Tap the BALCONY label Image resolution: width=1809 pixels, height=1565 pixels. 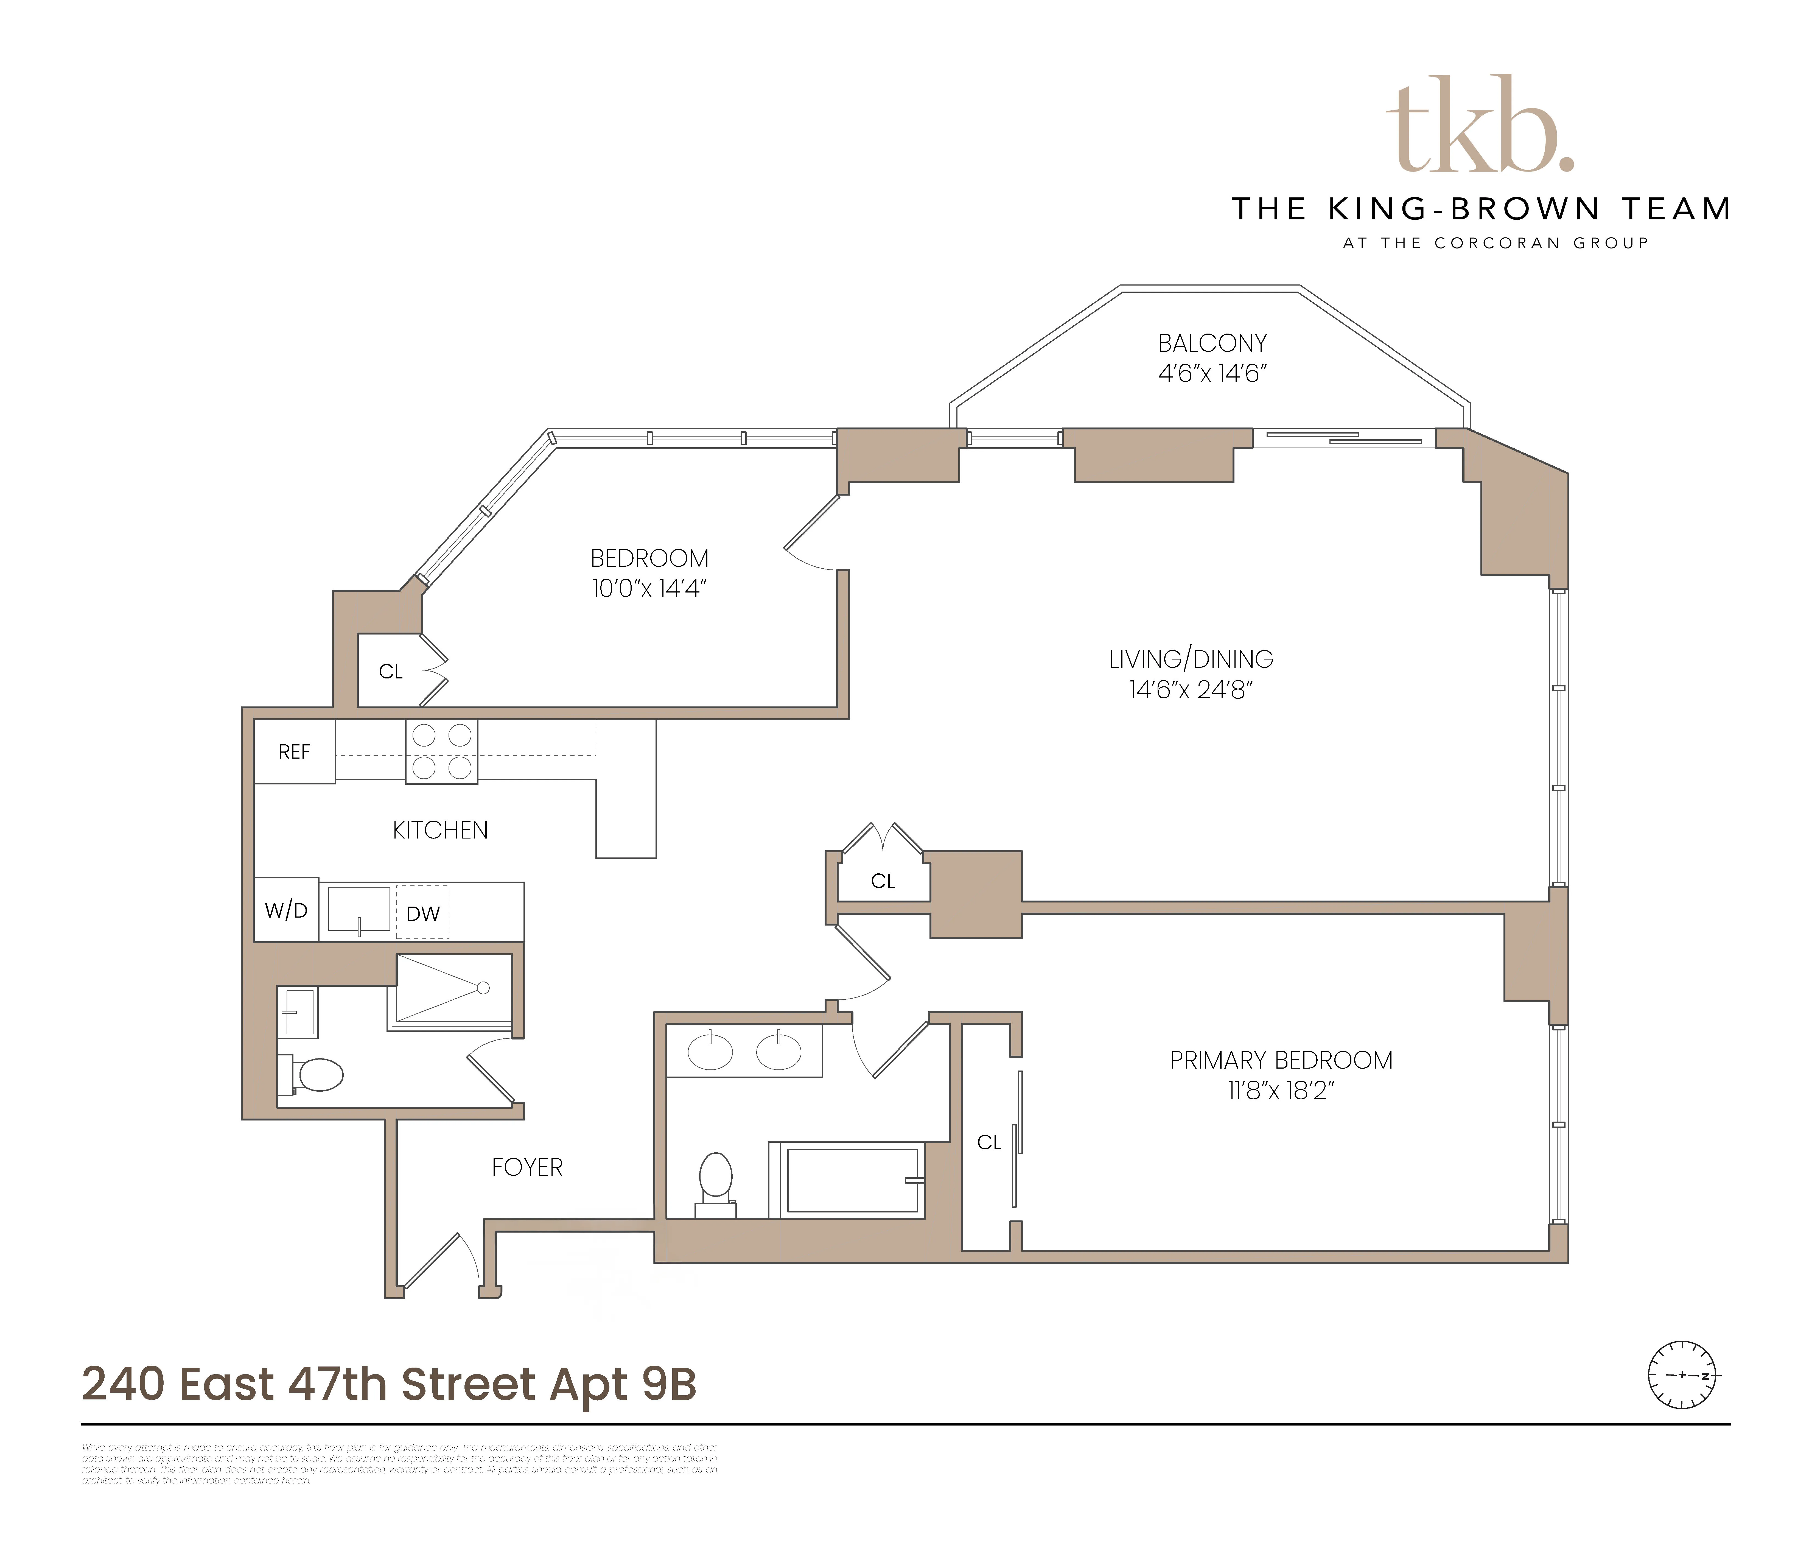pos(1212,343)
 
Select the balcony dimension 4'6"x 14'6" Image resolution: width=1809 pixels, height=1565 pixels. pos(1212,374)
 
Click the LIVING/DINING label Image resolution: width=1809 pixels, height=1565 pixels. pos(1191,659)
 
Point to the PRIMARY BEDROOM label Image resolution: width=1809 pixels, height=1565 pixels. pos(1281,1060)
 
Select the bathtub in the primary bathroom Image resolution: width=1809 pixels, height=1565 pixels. pos(853,1181)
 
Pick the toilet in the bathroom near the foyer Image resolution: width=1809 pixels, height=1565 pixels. pos(314,1075)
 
